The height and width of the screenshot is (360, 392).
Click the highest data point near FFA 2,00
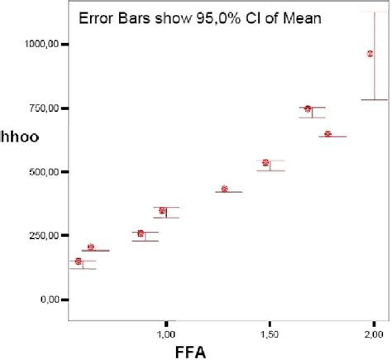[370, 54]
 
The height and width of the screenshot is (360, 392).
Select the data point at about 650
[327, 134]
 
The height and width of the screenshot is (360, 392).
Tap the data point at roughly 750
[308, 109]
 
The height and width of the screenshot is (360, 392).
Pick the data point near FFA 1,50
[265, 163]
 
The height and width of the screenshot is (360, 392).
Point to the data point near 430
[225, 190]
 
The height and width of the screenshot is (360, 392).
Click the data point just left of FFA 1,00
[162, 211]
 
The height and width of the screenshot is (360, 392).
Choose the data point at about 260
[141, 233]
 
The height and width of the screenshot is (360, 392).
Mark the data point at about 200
[91, 247]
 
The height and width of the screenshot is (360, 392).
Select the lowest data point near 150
[79, 262]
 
